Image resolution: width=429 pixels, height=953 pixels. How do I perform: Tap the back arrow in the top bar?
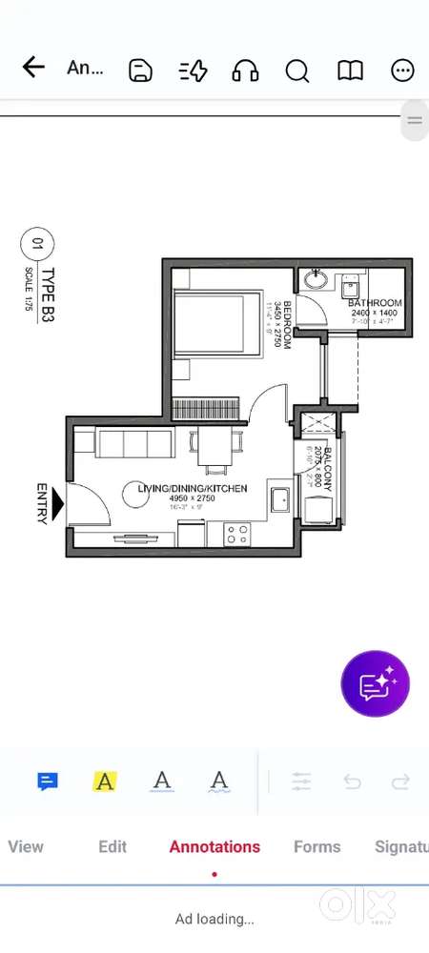click(x=33, y=68)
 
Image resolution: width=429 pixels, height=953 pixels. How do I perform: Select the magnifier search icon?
click(x=297, y=70)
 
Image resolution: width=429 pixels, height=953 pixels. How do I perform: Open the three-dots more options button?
click(x=403, y=70)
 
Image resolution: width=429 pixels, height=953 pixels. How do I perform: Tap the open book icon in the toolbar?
click(x=351, y=70)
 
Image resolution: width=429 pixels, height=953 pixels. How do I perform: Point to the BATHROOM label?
click(x=376, y=304)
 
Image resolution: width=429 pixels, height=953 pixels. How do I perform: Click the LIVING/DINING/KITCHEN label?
click(x=193, y=489)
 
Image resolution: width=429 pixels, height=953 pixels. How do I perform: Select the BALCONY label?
click(x=327, y=468)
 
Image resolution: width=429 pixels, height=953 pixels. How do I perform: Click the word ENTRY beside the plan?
click(x=42, y=502)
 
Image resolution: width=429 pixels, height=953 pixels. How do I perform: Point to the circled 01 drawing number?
click(x=37, y=244)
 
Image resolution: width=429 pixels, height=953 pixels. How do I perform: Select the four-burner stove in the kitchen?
click(x=236, y=534)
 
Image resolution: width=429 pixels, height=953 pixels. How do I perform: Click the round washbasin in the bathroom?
click(x=317, y=282)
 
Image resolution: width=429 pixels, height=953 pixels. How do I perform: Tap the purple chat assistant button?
click(x=376, y=683)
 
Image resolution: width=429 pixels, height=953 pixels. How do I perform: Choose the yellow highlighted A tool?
click(x=105, y=782)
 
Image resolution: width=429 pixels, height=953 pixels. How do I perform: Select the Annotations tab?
click(x=214, y=846)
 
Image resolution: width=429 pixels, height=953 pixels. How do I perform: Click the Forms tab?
click(x=317, y=846)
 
